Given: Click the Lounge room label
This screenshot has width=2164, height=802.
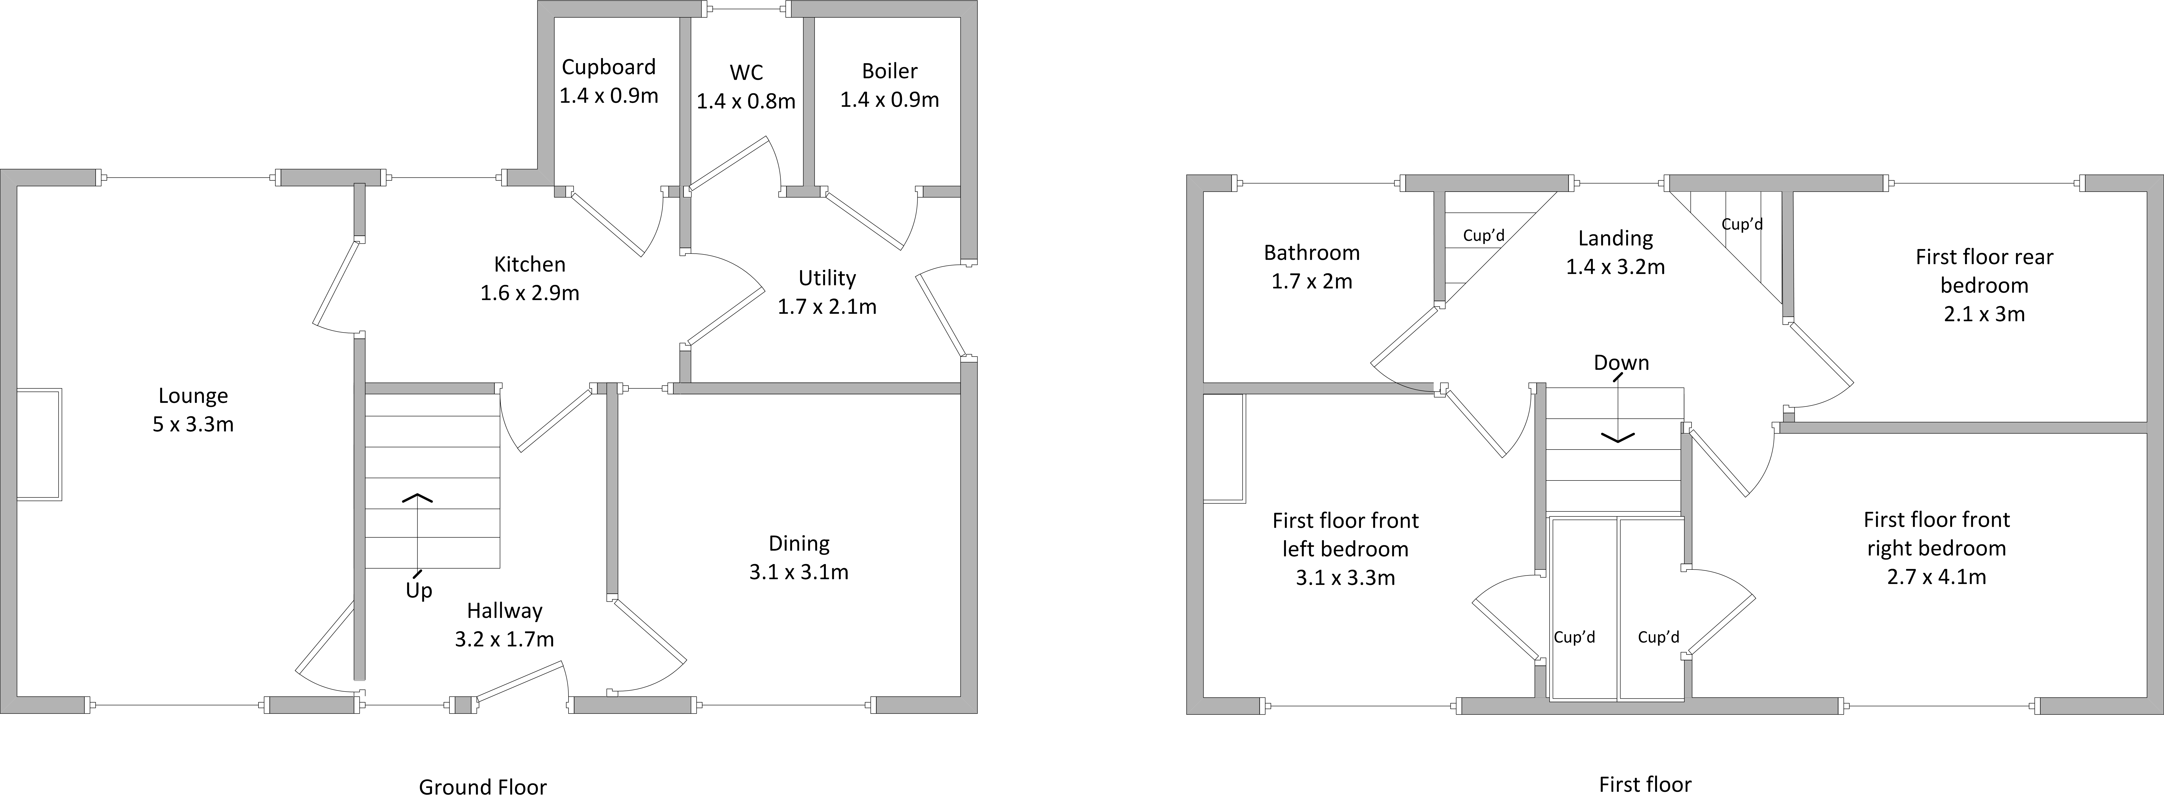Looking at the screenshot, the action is coord(193,396).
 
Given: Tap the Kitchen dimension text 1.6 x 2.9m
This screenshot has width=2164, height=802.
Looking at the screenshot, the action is coord(530,293).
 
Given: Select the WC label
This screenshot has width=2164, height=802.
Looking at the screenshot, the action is coord(746,72).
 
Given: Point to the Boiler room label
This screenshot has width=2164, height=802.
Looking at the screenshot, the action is coord(890,71).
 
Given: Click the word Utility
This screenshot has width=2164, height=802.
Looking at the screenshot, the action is coord(827,278).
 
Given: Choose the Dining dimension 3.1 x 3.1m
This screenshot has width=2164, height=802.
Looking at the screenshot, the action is coord(799,573).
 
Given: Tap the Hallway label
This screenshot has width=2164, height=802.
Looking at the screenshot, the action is coord(505,611).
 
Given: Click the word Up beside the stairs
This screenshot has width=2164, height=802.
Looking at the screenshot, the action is coord(419,591).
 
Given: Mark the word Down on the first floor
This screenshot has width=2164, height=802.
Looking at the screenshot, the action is coord(1621,363).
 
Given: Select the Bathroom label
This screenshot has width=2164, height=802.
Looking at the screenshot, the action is coord(1311,253).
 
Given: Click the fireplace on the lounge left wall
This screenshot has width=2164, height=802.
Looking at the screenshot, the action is coord(39,445).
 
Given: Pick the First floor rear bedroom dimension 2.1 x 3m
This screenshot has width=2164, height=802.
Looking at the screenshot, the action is coord(1984,314).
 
